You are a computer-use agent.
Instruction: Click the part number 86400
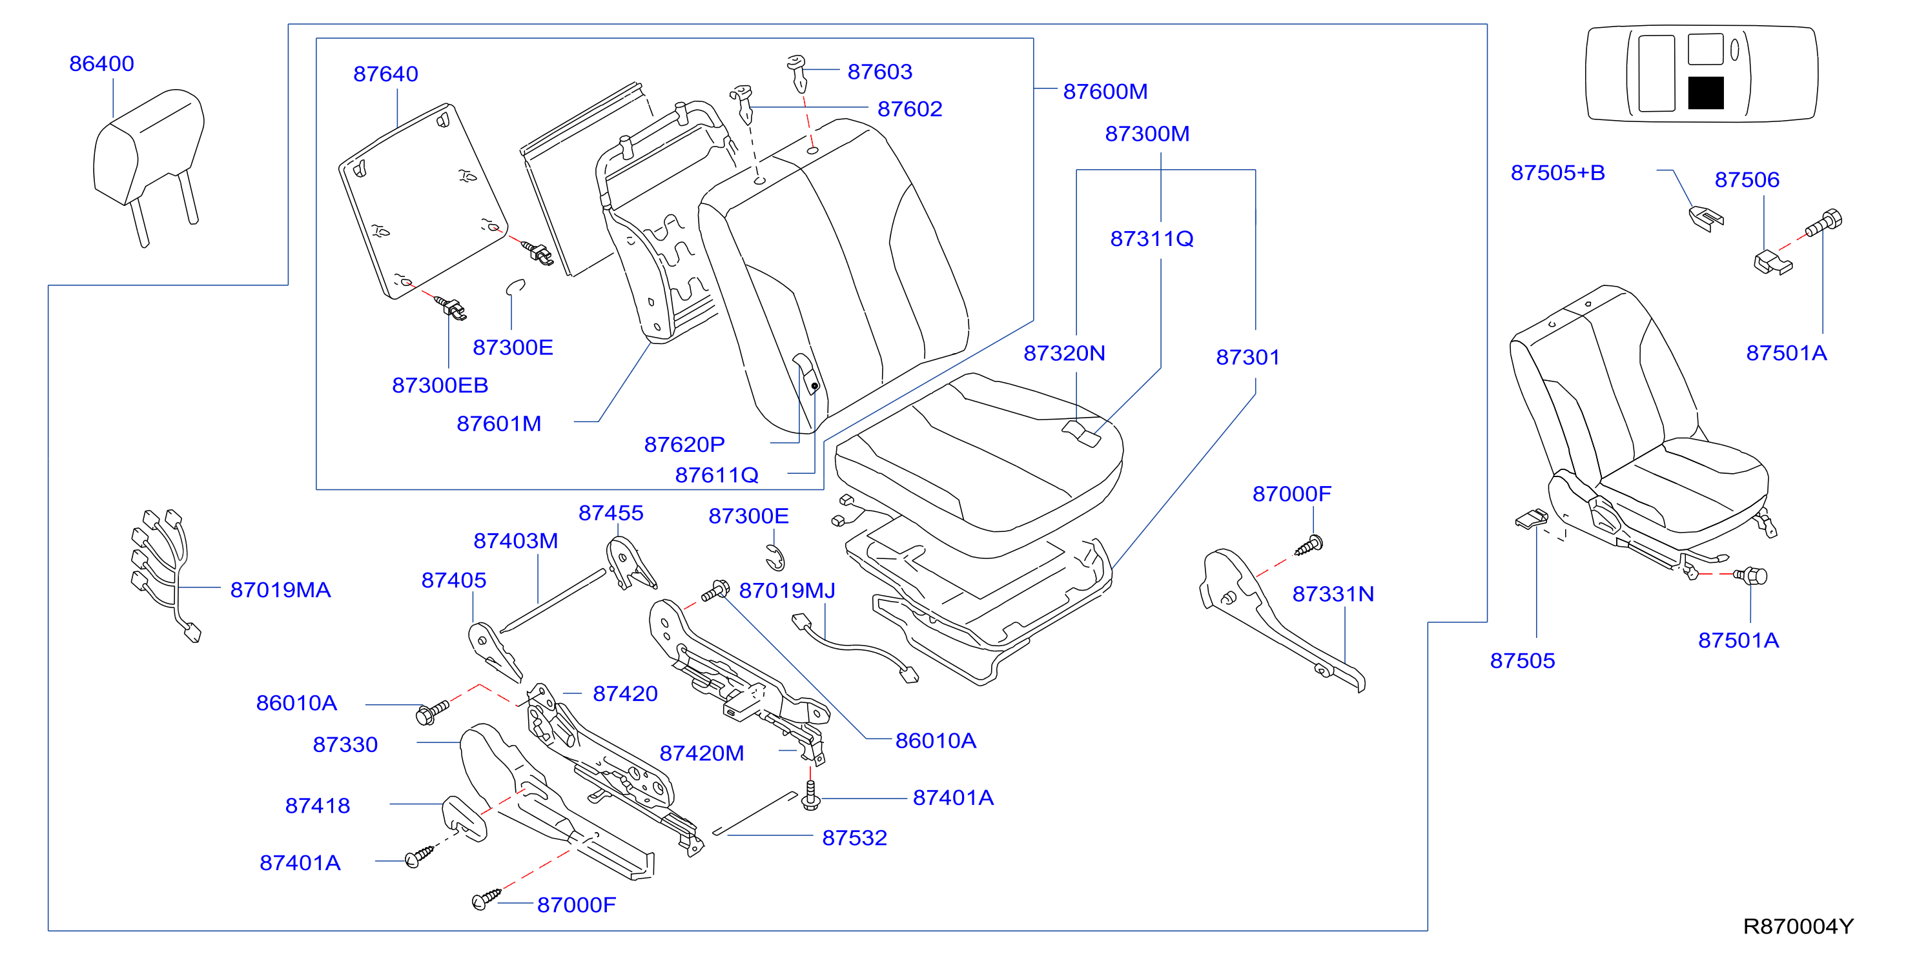click(x=102, y=64)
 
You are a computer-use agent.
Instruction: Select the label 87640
click(x=385, y=74)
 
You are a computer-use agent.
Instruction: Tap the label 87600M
click(x=1105, y=91)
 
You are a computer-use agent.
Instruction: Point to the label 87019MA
click(x=280, y=590)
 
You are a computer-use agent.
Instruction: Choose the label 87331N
click(x=1333, y=595)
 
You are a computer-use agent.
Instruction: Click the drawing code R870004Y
click(x=1798, y=926)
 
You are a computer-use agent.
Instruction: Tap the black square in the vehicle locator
click(x=1706, y=93)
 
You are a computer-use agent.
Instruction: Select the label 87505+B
click(x=1557, y=173)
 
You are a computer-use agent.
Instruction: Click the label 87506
click(x=1747, y=179)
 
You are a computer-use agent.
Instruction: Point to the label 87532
click(x=854, y=837)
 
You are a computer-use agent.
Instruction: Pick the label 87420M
click(x=701, y=753)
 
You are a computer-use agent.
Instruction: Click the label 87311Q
click(x=1151, y=239)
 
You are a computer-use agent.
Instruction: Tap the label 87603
click(x=879, y=72)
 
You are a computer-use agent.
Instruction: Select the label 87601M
click(x=498, y=423)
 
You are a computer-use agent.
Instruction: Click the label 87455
click(x=611, y=513)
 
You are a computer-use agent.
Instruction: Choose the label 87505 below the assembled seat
click(x=1523, y=661)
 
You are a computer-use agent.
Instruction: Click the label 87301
click(x=1247, y=357)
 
